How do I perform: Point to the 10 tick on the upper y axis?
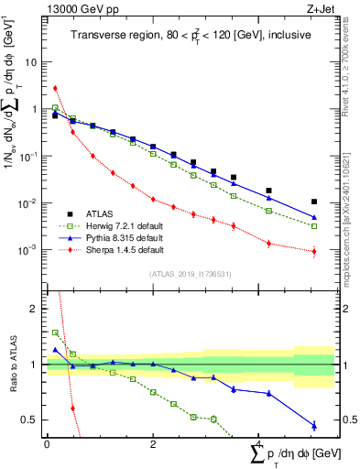pyautogui.click(x=31, y=62)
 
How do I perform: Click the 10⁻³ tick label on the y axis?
pyautogui.click(x=29, y=249)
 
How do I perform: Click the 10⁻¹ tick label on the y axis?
pyautogui.click(x=29, y=156)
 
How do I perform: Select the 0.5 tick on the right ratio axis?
pyautogui.click(x=348, y=420)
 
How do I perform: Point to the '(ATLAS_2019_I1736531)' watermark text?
pyautogui.click(x=191, y=274)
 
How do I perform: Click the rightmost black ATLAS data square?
pyautogui.click(x=314, y=202)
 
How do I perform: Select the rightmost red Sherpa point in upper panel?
pyautogui.click(x=314, y=251)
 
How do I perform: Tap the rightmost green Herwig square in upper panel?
pyautogui.click(x=314, y=225)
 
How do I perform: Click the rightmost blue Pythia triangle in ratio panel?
pyautogui.click(x=314, y=425)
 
